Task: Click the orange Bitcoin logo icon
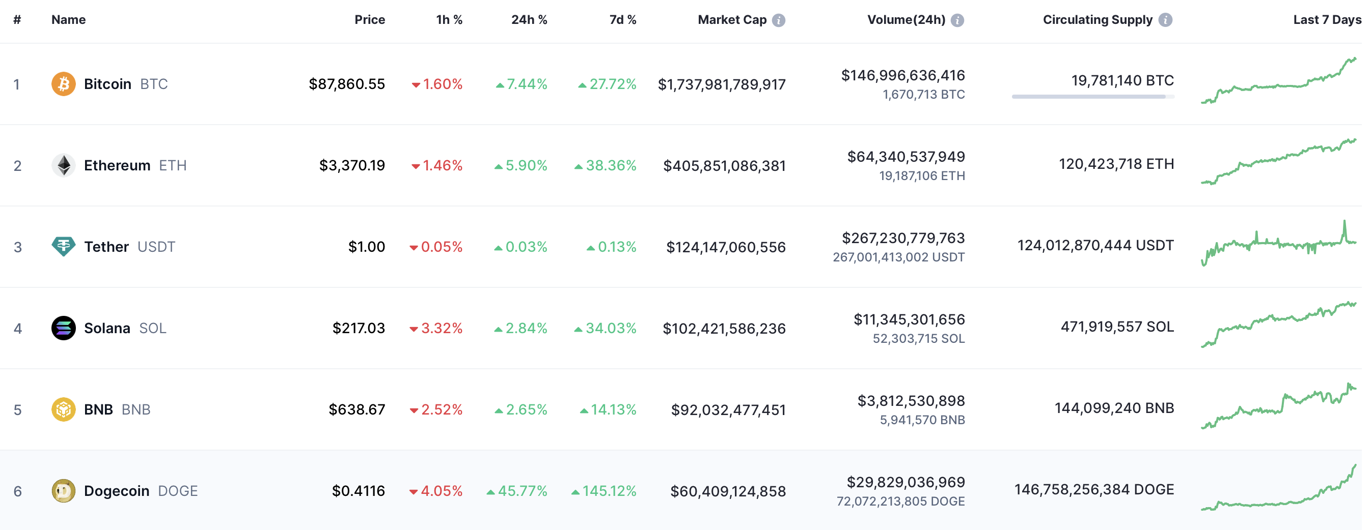(x=63, y=84)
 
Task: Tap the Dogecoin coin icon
(x=63, y=491)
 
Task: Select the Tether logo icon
(x=63, y=246)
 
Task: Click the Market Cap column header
(x=732, y=20)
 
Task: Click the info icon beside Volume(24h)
(x=957, y=20)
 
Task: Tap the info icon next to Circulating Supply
(x=1165, y=20)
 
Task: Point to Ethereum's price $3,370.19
(x=352, y=165)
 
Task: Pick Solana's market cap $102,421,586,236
(x=724, y=328)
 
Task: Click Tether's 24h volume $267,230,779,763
(x=903, y=238)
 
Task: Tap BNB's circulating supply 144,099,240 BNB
(x=1114, y=408)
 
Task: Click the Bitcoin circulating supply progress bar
(x=1093, y=97)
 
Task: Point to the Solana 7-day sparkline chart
(x=1279, y=325)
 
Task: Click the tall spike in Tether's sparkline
(x=1344, y=230)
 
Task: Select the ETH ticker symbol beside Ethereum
(x=173, y=165)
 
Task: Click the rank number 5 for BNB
(x=18, y=410)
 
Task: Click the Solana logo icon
(x=63, y=328)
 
